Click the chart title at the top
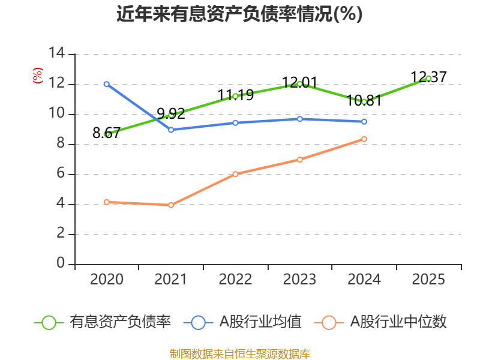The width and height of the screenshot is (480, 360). click(239, 14)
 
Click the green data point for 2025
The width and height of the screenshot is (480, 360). click(428, 79)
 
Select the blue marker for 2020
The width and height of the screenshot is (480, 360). click(107, 84)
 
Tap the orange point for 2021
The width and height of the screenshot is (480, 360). click(171, 205)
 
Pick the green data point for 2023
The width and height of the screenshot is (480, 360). click(299, 83)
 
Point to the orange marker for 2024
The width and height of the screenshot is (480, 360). click(364, 139)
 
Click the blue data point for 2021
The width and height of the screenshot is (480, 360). click(171, 130)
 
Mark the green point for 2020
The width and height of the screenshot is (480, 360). click(107, 134)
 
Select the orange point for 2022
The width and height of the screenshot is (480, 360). click(235, 174)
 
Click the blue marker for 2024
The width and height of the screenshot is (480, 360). click(364, 122)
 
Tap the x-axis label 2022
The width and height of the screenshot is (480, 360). click(235, 280)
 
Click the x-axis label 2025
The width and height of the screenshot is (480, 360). click(428, 280)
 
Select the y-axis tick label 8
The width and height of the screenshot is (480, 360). click(61, 144)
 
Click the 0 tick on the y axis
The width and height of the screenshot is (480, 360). click(61, 264)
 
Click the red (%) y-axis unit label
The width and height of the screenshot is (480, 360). click(38, 76)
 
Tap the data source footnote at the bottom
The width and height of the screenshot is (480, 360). click(239, 353)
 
